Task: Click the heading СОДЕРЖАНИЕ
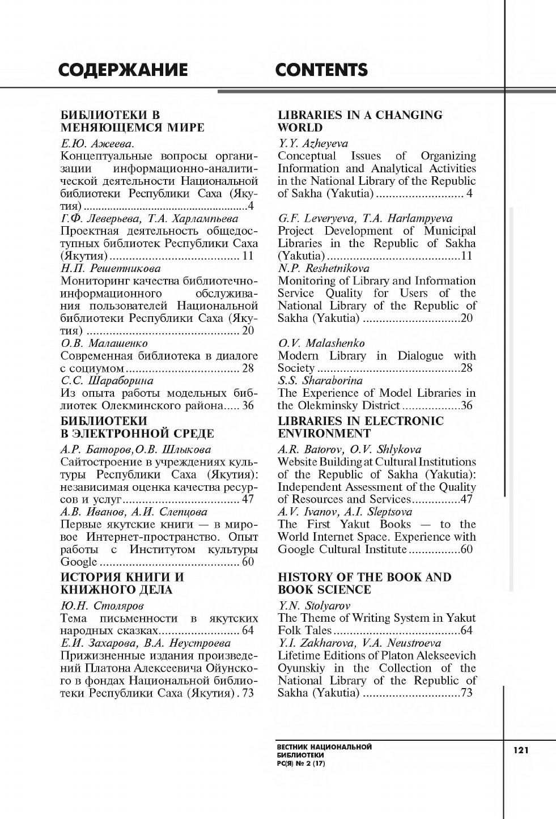[x=123, y=70]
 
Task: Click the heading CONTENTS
[x=321, y=70]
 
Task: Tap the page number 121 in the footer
[x=521, y=750]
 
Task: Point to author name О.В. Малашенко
[x=104, y=343]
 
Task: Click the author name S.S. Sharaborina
[x=320, y=380]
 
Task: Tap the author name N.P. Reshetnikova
[x=323, y=268]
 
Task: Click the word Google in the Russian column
[x=79, y=562]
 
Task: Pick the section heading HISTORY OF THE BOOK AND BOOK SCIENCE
[x=364, y=583]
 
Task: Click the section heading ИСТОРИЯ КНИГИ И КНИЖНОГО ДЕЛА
[x=122, y=583]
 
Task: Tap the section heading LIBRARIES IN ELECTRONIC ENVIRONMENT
[x=360, y=427]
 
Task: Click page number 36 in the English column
[x=466, y=405]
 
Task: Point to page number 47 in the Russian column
[x=248, y=499]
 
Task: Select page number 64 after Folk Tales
[x=466, y=630]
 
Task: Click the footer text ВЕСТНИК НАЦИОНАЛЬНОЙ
[x=324, y=746]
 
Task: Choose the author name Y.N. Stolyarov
[x=314, y=605]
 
